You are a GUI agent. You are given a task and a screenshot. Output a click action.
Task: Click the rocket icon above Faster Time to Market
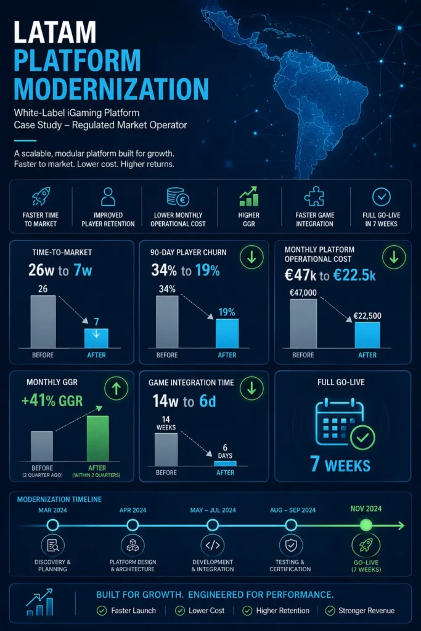pyautogui.click(x=41, y=197)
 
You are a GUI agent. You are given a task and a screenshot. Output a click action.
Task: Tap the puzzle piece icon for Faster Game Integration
pyautogui.click(x=314, y=197)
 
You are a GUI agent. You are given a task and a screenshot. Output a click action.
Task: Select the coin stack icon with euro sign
pyautogui.click(x=178, y=197)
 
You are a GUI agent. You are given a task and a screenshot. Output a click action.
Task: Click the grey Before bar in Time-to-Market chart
pyautogui.click(x=43, y=322)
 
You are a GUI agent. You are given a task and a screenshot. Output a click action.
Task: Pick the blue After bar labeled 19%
pyautogui.click(x=227, y=333)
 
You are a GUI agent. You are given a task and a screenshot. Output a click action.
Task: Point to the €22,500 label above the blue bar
pyautogui.click(x=367, y=316)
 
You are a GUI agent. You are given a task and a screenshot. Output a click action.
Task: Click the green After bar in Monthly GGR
pyautogui.click(x=98, y=438)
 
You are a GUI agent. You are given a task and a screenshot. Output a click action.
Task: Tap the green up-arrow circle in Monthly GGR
pyautogui.click(x=116, y=388)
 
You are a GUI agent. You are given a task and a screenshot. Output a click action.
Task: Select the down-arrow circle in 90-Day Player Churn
pyautogui.click(x=251, y=257)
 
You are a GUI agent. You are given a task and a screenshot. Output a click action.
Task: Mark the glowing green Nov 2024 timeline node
pyautogui.click(x=366, y=525)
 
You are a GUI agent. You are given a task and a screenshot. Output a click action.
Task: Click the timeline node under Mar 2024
pyautogui.click(x=53, y=525)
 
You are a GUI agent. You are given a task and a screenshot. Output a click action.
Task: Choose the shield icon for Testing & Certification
pyautogui.click(x=290, y=545)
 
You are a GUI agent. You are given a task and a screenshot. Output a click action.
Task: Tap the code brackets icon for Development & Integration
pyautogui.click(x=213, y=545)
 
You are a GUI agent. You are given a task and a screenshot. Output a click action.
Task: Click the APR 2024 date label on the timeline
pyautogui.click(x=133, y=510)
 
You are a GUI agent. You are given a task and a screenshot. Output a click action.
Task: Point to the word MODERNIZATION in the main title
pyautogui.click(x=112, y=89)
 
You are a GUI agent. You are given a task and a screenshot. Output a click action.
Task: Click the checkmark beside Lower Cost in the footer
pyautogui.click(x=180, y=611)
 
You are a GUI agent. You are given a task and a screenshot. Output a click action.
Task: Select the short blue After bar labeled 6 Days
pyautogui.click(x=225, y=463)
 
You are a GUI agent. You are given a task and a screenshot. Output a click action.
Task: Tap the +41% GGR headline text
pyautogui.click(x=52, y=401)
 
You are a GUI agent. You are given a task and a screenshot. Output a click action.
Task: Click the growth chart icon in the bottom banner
pyautogui.click(x=39, y=602)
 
